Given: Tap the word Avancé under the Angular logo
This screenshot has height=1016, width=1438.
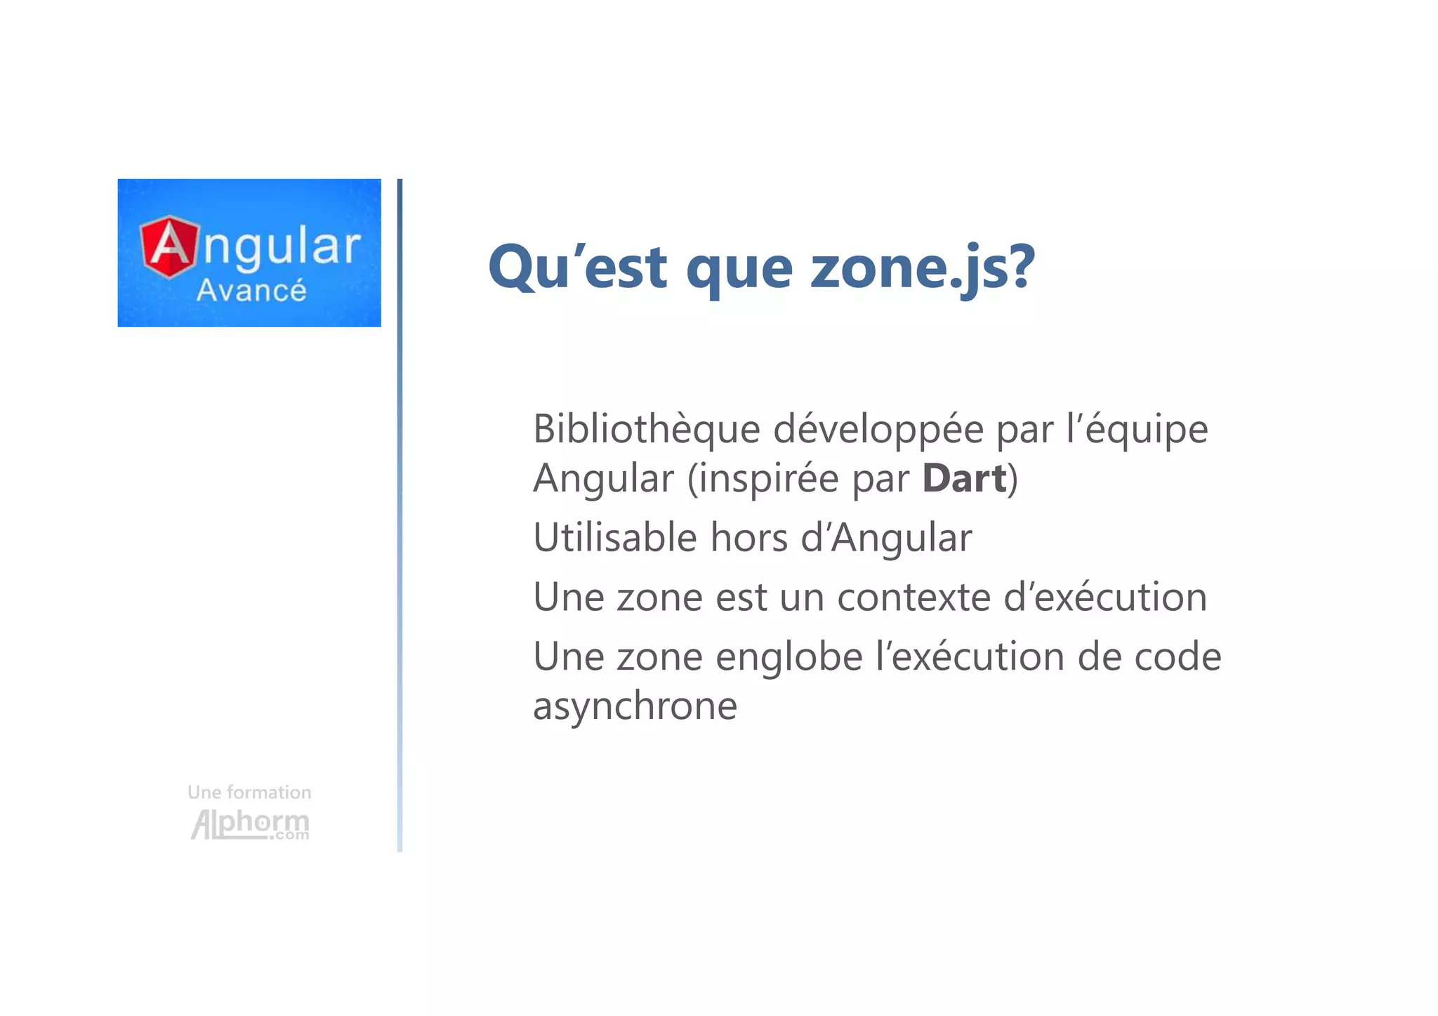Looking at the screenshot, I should click(x=251, y=291).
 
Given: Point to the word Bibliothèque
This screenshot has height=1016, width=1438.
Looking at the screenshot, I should click(x=646, y=429).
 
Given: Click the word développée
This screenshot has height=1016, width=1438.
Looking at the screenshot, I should click(x=878, y=429).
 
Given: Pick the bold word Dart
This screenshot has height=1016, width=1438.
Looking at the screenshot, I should click(x=964, y=479).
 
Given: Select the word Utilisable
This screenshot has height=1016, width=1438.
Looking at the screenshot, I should click(x=616, y=538).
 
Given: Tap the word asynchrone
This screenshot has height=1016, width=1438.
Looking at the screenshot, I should click(x=635, y=706).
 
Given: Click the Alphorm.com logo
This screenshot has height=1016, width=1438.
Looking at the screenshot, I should click(x=250, y=824).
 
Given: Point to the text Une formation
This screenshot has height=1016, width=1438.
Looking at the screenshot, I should click(x=249, y=792).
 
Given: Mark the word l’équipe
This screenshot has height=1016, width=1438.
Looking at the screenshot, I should click(x=1137, y=429).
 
